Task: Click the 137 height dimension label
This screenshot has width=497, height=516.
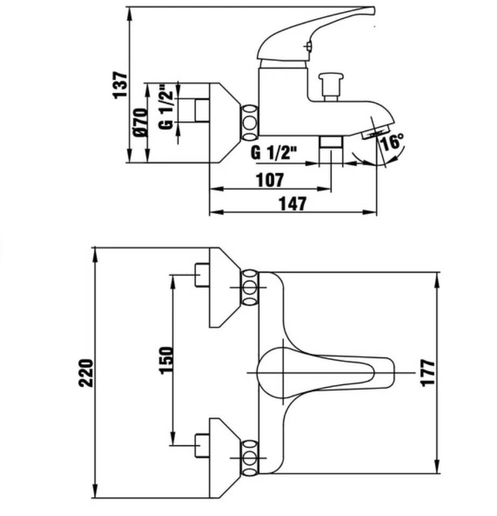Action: pos(120,85)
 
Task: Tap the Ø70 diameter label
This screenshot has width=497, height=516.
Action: pos(140,122)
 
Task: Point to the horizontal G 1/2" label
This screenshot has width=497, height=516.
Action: pos(273,153)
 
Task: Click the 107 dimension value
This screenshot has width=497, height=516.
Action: pos(270,180)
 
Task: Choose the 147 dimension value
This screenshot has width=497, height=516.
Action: pos(293,204)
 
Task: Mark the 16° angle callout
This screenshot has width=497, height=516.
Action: pos(392,141)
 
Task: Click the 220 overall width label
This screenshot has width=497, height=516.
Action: pos(86,373)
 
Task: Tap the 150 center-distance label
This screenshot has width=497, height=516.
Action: pos(166,360)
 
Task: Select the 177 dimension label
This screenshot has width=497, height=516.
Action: pos(428,373)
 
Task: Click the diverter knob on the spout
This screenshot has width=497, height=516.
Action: pos(331,87)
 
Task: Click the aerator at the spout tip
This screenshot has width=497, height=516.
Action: pos(375,131)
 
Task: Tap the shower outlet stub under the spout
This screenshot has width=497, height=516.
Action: pos(330,142)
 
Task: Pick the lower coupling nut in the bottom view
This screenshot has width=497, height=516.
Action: pos(250,457)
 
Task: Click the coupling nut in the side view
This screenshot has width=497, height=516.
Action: pos(250,122)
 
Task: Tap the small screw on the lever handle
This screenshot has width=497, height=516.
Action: pos(308,46)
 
